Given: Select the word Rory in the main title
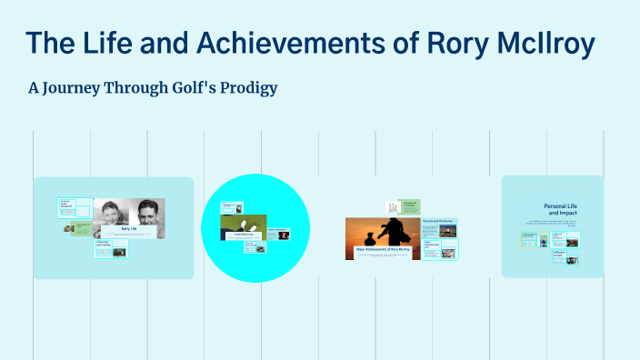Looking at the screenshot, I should click(455, 43).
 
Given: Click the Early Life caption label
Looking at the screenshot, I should click(128, 228).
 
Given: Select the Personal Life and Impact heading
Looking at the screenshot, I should click(561, 210).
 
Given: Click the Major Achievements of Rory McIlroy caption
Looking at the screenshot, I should click(382, 248).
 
